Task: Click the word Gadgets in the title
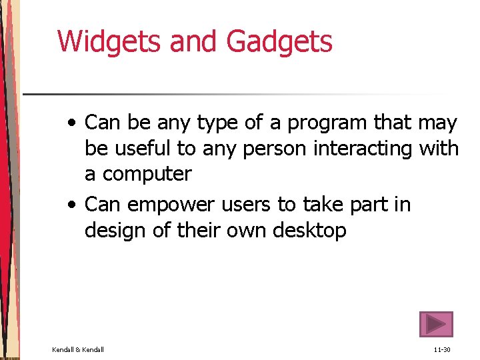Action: [x=279, y=41]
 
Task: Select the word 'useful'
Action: [x=145, y=149]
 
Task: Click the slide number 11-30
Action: [x=442, y=349]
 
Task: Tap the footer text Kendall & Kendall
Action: [x=78, y=349]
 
